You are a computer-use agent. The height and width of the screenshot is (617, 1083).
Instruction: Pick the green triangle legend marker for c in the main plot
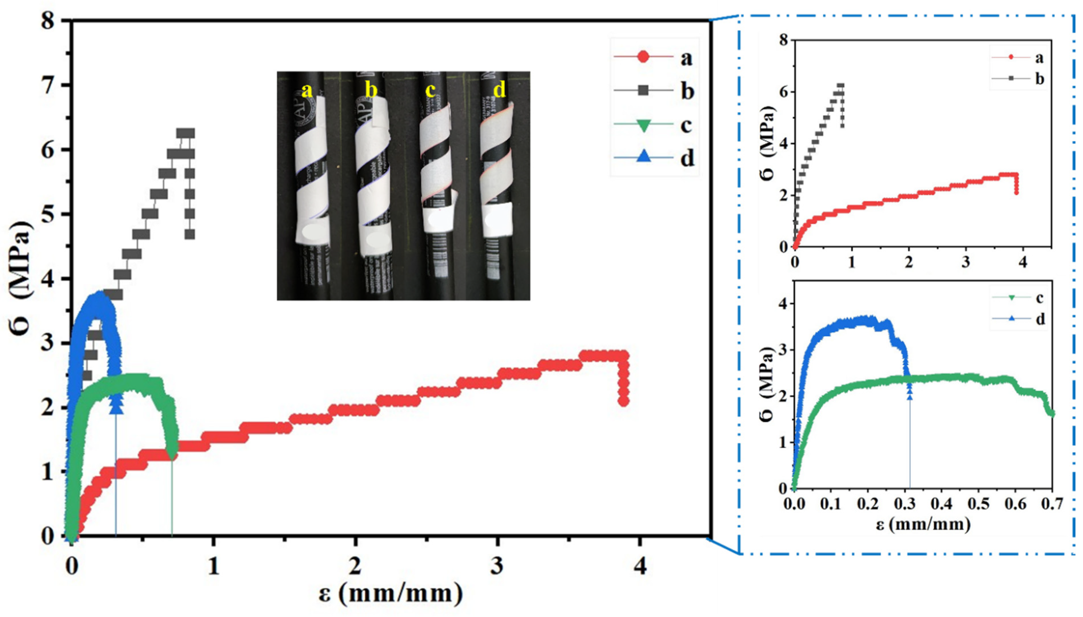point(643,125)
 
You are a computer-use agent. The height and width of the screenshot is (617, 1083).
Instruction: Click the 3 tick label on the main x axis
point(497,566)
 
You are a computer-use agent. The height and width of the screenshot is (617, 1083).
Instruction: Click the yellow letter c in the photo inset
point(430,90)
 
